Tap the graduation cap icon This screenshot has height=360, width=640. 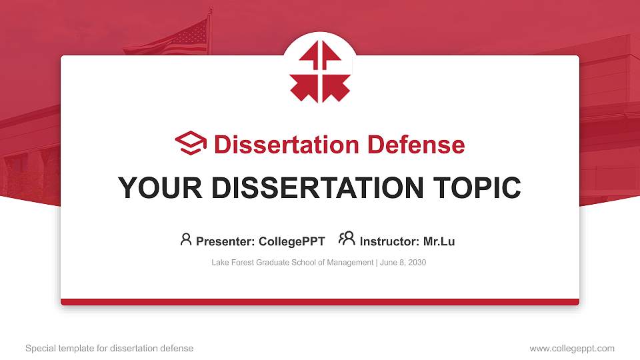pos(191,143)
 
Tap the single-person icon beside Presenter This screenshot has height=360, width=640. pos(186,239)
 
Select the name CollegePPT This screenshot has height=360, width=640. pos(293,241)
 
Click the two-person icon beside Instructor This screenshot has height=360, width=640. pos(347,239)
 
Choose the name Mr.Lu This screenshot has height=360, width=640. pos(439,241)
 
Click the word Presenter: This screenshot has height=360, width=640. pos(226,241)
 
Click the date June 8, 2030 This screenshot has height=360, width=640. pos(403,263)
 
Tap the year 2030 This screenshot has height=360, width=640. pos(417,263)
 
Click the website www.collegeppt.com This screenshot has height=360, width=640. pos(572,348)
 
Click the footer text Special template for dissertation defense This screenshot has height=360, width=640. pos(109,348)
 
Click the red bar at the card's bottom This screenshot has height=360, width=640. pos(320,302)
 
